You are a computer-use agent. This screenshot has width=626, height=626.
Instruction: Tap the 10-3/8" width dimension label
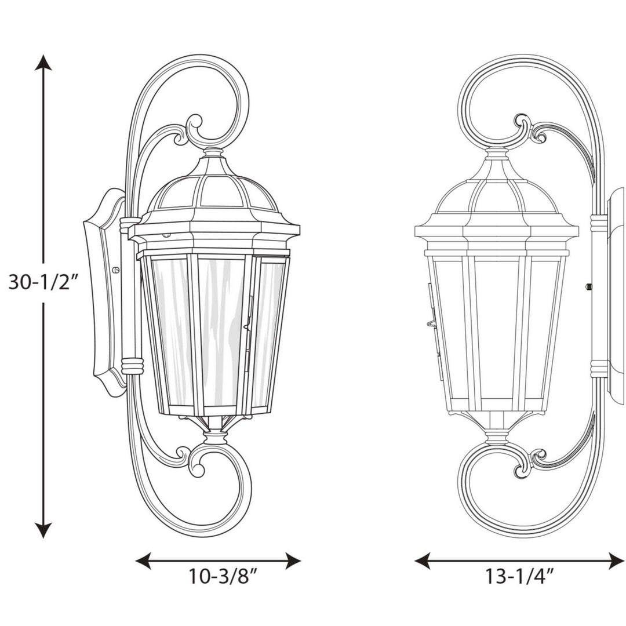(x=223, y=577)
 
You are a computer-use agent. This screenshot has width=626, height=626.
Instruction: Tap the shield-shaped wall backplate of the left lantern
(x=104, y=290)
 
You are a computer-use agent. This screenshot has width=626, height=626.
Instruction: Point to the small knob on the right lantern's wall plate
(x=589, y=286)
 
